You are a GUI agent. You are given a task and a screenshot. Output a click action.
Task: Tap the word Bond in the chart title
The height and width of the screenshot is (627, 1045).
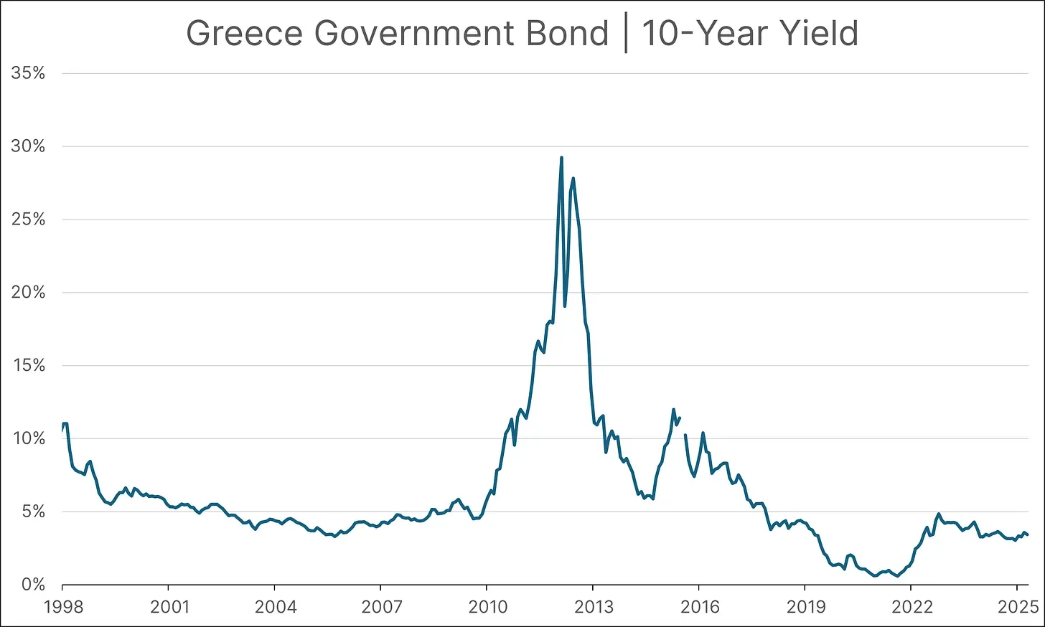click(x=568, y=34)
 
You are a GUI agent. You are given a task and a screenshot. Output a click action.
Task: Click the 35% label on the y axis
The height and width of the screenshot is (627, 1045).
click(x=28, y=73)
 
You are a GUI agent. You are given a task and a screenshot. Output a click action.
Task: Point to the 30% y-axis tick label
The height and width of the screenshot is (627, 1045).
click(x=28, y=146)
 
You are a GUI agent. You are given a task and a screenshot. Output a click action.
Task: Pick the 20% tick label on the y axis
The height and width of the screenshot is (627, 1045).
click(x=28, y=293)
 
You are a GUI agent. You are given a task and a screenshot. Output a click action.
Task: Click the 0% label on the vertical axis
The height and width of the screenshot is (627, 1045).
click(x=32, y=585)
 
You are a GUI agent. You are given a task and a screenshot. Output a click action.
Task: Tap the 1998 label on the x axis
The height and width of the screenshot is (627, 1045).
click(x=62, y=607)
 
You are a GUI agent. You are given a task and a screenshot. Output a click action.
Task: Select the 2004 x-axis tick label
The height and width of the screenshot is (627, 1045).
click(x=276, y=607)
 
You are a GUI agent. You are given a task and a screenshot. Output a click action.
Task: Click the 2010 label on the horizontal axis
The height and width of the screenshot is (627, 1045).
click(x=487, y=607)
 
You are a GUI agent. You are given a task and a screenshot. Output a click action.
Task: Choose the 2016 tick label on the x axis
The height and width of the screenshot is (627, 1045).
click(x=700, y=607)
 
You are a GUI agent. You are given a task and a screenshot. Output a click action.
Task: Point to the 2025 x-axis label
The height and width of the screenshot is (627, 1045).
click(x=1018, y=607)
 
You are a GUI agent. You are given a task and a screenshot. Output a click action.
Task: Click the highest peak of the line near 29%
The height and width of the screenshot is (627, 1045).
click(x=561, y=158)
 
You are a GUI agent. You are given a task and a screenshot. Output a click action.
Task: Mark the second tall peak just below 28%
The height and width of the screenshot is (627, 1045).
click(x=573, y=179)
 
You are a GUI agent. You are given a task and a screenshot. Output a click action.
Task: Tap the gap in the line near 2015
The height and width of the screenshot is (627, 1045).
click(x=683, y=426)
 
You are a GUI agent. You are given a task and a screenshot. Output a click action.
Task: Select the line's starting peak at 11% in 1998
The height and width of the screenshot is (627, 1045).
click(x=65, y=423)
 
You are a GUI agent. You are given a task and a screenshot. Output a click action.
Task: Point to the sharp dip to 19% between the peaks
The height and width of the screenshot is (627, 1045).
click(x=565, y=306)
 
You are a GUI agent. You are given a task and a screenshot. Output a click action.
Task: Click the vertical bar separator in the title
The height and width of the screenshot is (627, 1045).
click(x=625, y=34)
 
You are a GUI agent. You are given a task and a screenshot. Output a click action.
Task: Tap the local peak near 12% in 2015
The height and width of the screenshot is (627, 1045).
click(x=673, y=410)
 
